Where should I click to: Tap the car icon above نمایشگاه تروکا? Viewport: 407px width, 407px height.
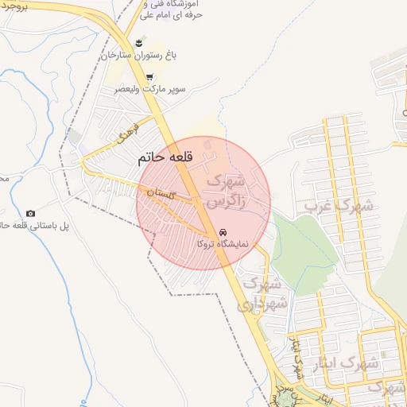(219, 232)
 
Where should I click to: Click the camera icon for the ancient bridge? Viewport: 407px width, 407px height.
(30, 213)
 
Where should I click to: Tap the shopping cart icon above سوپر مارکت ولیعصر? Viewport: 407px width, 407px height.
(149, 77)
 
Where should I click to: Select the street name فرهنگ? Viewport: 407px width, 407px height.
(127, 134)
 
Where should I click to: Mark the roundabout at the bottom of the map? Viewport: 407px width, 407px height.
(283, 395)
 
